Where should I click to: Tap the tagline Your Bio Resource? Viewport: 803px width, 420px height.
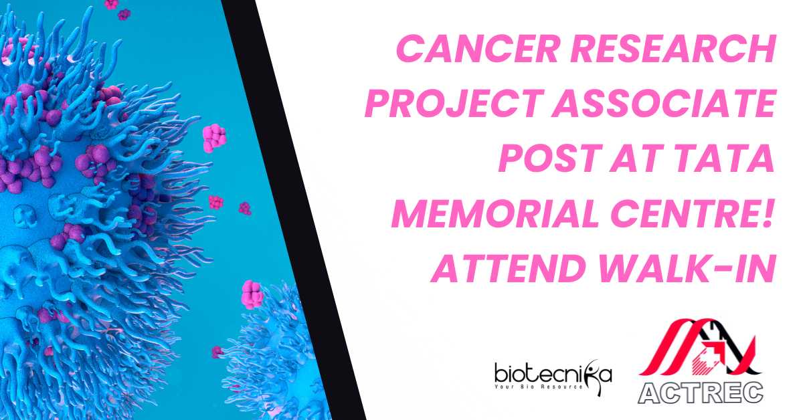click(x=539, y=387)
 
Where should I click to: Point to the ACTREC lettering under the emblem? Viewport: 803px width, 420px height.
click(x=700, y=393)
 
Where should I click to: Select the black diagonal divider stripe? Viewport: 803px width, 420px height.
click(x=292, y=210)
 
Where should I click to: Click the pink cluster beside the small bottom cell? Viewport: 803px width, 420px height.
click(x=252, y=294)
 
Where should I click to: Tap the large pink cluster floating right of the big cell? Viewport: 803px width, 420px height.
click(x=214, y=138)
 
